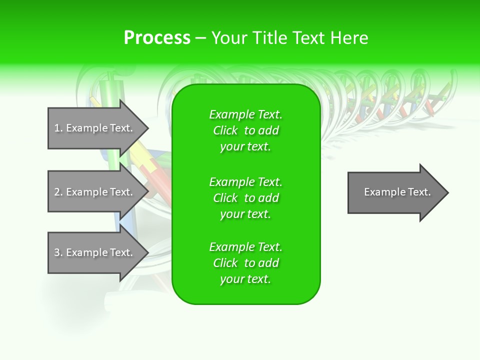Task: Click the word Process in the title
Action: point(157,38)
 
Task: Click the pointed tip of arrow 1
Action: point(147,128)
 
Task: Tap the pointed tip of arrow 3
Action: point(147,253)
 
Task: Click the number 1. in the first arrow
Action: point(58,128)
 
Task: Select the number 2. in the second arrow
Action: point(58,192)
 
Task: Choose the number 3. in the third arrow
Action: point(58,252)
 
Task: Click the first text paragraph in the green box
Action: point(245,130)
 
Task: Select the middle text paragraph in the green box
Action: point(245,198)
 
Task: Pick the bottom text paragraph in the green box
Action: point(245,263)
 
